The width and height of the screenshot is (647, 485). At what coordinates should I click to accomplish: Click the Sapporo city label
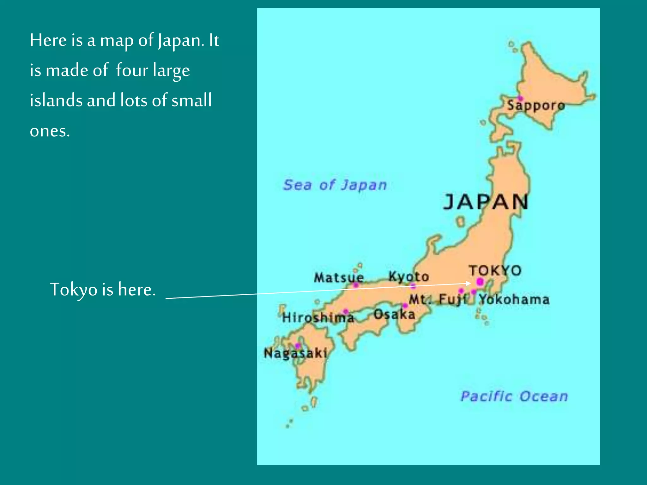pyautogui.click(x=536, y=105)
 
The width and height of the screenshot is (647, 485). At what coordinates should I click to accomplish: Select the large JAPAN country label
pyautogui.click(x=486, y=202)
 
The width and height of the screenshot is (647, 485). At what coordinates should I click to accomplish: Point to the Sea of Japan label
pyautogui.click(x=335, y=185)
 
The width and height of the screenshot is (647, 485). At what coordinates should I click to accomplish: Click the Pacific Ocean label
pyautogui.click(x=514, y=396)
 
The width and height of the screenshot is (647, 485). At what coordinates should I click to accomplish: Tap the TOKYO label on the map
pyautogui.click(x=495, y=271)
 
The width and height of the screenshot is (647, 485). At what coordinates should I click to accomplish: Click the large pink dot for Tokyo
pyautogui.click(x=480, y=281)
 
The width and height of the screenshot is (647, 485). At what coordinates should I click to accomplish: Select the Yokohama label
pyautogui.click(x=514, y=299)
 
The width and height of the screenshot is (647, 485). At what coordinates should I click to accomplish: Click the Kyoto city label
pyautogui.click(x=408, y=277)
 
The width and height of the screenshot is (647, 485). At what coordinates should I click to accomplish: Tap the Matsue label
pyautogui.click(x=339, y=278)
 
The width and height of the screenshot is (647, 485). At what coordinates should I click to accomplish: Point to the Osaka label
pyautogui.click(x=394, y=314)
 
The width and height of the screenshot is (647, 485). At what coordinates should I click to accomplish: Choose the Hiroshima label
pyautogui.click(x=318, y=317)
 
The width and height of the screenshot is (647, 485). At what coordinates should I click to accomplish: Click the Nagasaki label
pyautogui.click(x=295, y=353)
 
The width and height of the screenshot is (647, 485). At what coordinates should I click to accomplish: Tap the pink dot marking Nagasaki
pyautogui.click(x=298, y=346)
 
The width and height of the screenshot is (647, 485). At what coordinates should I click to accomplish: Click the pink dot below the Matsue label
pyautogui.click(x=356, y=285)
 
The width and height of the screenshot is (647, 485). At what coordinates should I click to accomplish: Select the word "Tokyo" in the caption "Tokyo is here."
pyautogui.click(x=74, y=290)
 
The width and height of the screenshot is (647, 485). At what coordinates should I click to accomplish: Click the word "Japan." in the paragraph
pyautogui.click(x=181, y=41)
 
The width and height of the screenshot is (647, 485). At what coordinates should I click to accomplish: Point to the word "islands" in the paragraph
pyautogui.click(x=56, y=100)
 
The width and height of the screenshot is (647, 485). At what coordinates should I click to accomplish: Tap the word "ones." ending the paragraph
pyautogui.click(x=50, y=131)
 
